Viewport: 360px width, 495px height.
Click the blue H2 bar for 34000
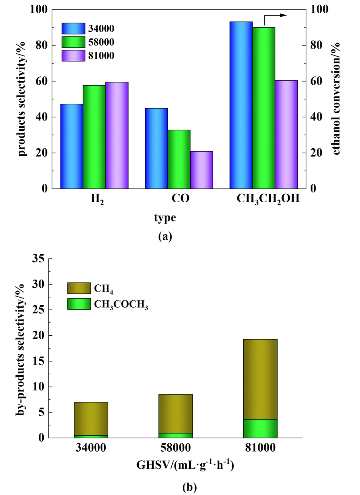coord(71,146)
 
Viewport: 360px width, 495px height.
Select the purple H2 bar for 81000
coord(117,135)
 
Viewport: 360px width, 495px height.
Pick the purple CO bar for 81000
coord(201,170)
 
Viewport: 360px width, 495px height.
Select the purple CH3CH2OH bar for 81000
coord(286,135)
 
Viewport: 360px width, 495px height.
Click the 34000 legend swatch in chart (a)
coord(73,29)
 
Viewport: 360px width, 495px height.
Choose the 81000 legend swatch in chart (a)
coord(73,56)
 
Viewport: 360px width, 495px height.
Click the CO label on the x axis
coord(181,199)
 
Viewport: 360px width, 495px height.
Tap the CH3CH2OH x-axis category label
coord(268,199)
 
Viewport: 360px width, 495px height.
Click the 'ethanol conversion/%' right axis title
coord(335,99)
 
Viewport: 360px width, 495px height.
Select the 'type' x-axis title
coord(165,218)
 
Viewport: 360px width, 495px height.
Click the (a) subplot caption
coord(165,236)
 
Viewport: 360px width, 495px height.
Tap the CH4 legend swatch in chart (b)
coord(79,288)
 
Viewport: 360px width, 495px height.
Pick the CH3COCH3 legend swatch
coord(79,304)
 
